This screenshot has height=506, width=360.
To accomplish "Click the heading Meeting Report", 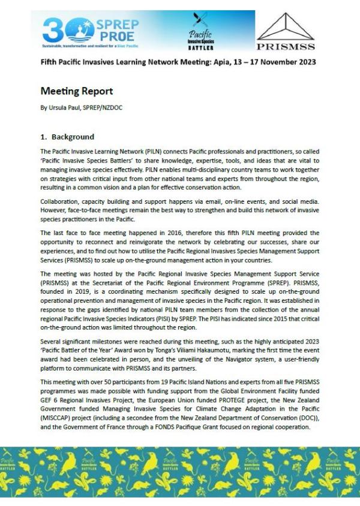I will click(x=76, y=91).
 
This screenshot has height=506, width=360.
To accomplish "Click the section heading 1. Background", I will click(x=68, y=137).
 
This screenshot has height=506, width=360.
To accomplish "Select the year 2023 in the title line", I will click(x=307, y=62).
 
